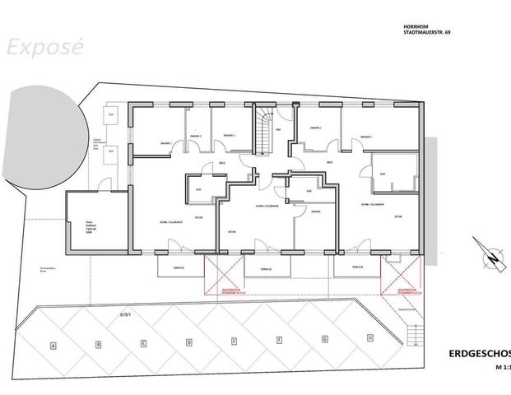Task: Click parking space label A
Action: tap(53, 345)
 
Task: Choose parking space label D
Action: tap(189, 341)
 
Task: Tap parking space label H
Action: tap(370, 337)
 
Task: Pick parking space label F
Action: tap(281, 339)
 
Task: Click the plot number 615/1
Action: tap(126, 314)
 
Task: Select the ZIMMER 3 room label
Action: tap(228, 135)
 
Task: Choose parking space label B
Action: tap(98, 343)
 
